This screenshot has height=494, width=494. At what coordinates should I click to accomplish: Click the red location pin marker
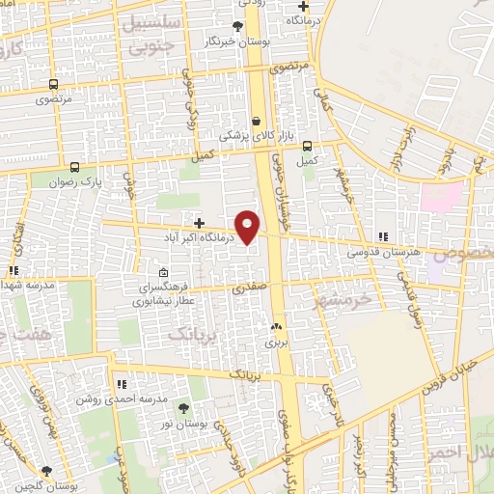click(x=248, y=226)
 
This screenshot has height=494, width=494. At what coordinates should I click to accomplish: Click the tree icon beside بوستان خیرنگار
click(x=238, y=26)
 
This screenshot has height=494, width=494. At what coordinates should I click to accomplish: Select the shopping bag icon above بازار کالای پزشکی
click(x=256, y=122)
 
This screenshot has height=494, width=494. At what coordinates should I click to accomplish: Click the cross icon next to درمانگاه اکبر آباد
click(x=199, y=223)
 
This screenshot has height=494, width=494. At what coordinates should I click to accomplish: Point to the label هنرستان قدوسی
click(x=384, y=252)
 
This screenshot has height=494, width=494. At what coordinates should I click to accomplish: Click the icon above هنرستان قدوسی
click(x=384, y=236)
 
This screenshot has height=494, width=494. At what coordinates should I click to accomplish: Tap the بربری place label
click(x=277, y=342)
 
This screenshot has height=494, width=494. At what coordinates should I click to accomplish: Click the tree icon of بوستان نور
click(x=183, y=409)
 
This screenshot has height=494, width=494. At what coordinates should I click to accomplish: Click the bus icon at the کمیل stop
click(x=308, y=146)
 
